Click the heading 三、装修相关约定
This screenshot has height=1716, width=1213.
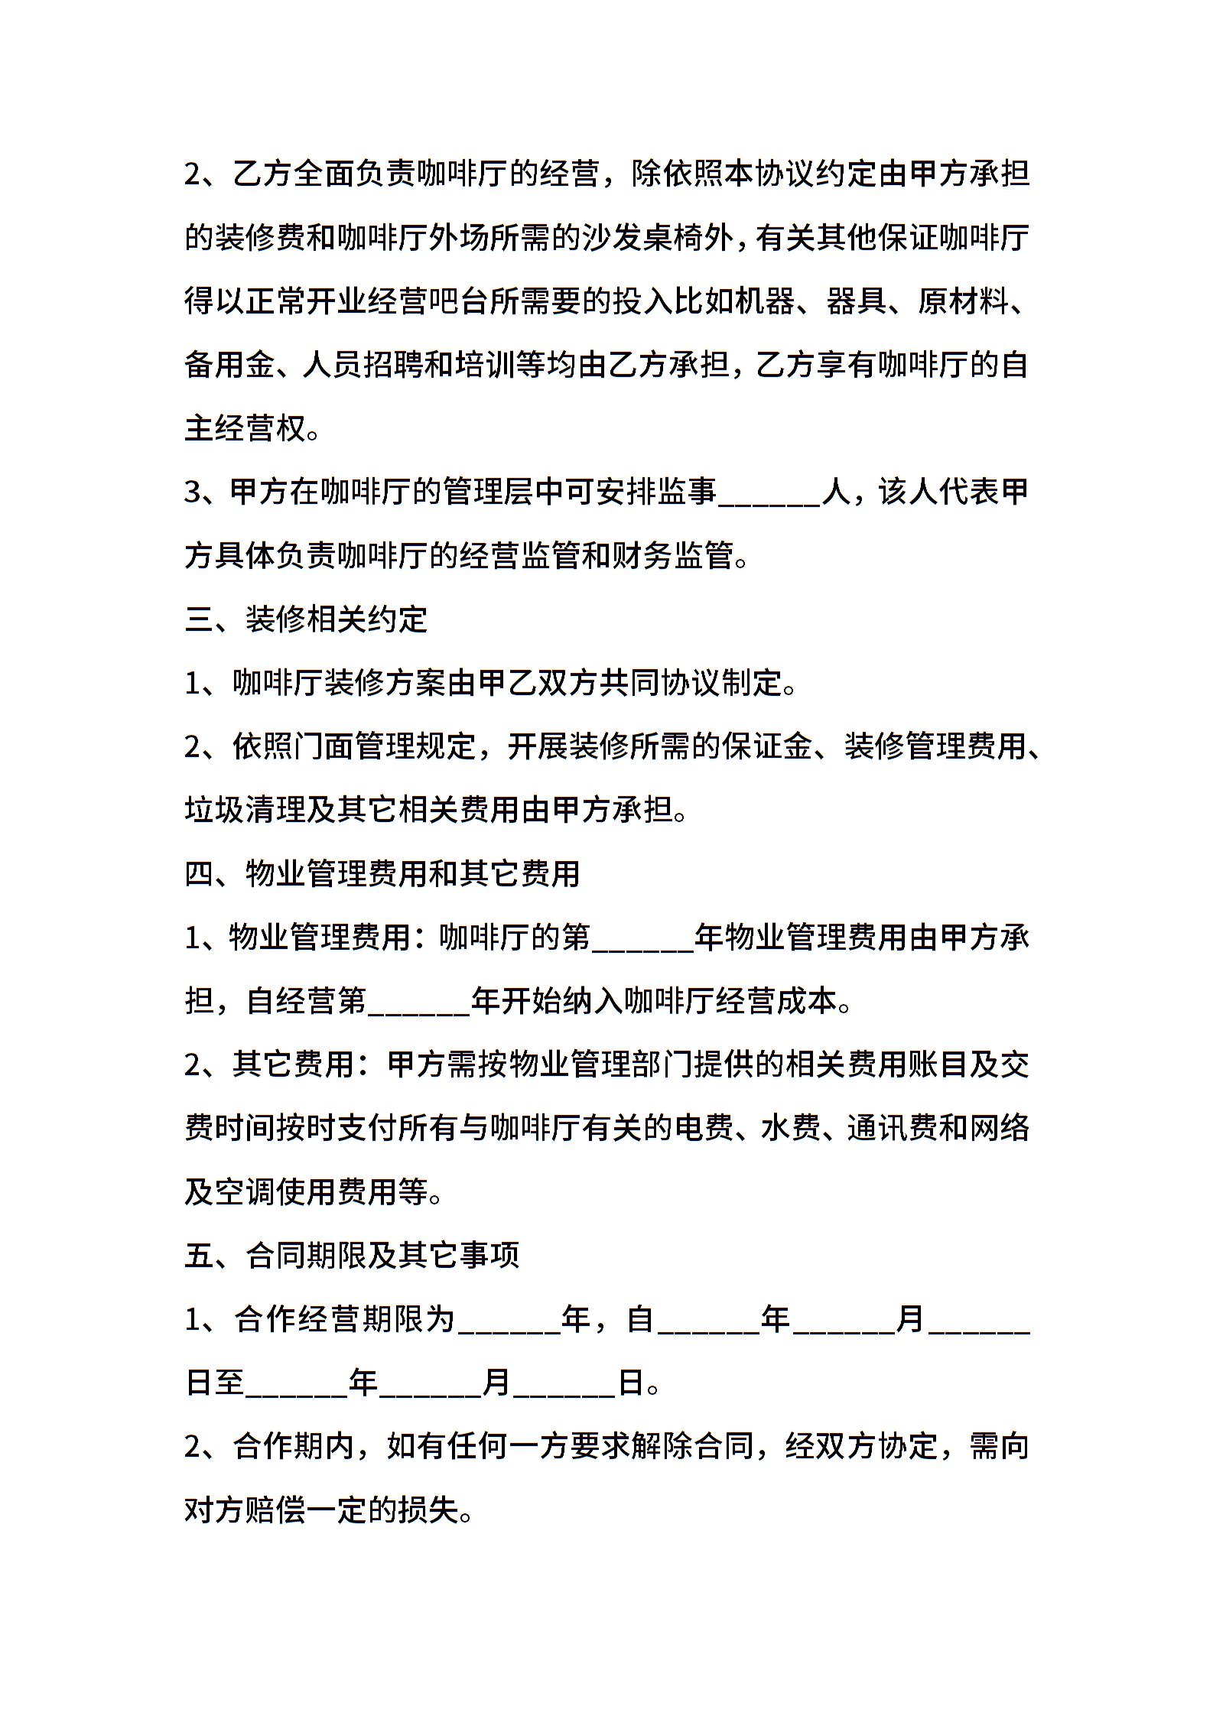point(305,619)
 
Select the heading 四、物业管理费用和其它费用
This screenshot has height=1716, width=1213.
point(382,874)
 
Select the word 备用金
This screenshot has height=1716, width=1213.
point(229,366)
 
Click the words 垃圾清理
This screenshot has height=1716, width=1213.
point(245,811)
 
